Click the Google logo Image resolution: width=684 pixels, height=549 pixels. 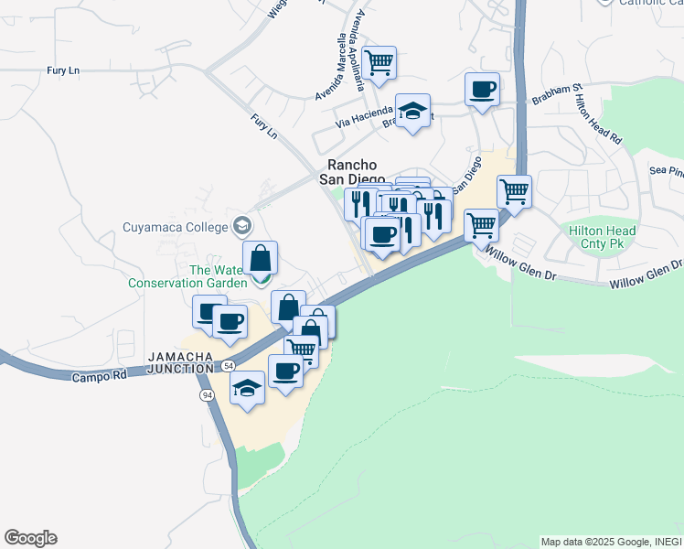tap(30, 538)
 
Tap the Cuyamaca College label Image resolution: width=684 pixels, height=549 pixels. tap(177, 226)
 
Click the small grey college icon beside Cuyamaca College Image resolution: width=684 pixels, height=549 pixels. tap(242, 225)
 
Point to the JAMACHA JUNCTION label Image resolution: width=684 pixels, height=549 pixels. tap(184, 355)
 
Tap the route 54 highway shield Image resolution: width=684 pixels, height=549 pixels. tap(226, 366)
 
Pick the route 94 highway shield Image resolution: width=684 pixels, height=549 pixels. tap(208, 394)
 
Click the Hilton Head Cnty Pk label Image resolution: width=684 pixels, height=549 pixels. tap(602, 238)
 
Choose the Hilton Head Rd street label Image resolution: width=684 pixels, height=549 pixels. tap(599, 119)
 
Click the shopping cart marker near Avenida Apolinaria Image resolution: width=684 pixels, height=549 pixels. tap(379, 63)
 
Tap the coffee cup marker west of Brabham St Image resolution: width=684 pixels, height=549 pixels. tap(482, 90)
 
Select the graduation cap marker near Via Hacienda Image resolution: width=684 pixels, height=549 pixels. tap(413, 111)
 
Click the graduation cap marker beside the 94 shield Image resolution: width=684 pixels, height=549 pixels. tap(247, 388)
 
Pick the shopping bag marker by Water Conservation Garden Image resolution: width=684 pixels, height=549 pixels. tap(261, 258)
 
